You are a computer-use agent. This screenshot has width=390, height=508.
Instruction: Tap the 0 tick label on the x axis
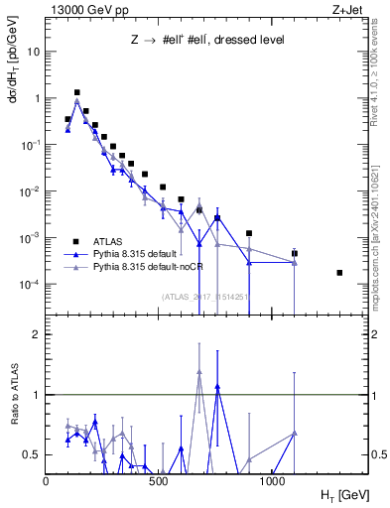coord(47,479)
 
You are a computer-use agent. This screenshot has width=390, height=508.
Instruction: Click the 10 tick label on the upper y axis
coord(33,52)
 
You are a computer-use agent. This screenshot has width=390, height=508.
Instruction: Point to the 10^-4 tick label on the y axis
coord(31,285)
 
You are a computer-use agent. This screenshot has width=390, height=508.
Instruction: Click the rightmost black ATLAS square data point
coord(340,273)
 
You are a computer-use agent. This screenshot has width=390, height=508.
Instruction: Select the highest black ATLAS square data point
coord(77,92)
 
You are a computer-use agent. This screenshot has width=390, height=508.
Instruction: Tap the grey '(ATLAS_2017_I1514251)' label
coord(205,296)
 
